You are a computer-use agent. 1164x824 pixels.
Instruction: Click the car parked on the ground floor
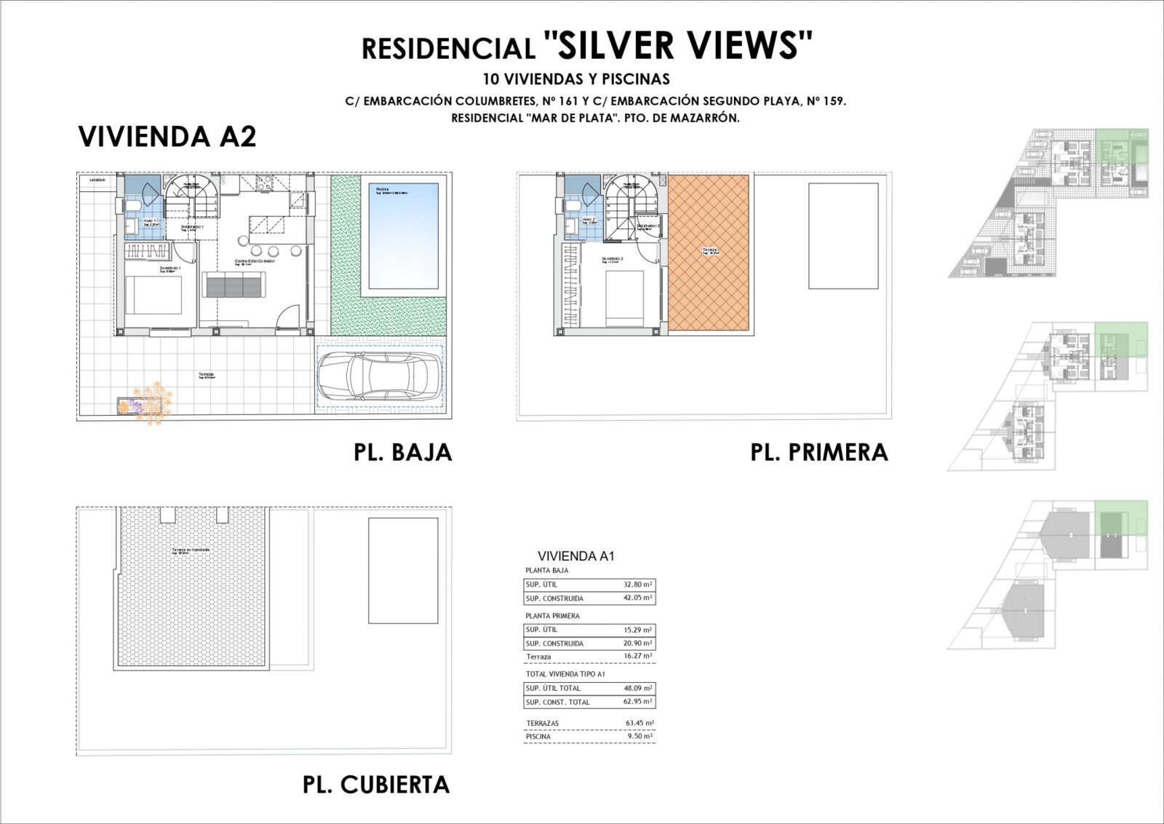click(379, 376)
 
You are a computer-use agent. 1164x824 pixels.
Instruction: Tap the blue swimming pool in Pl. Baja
click(403, 235)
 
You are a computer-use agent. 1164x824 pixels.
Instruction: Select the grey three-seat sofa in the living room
click(234, 285)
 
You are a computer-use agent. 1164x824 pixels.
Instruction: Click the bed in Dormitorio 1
click(154, 295)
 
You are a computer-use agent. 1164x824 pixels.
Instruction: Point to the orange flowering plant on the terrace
click(153, 403)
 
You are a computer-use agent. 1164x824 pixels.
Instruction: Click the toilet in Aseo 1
click(132, 207)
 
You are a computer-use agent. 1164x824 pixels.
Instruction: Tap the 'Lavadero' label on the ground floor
click(97, 179)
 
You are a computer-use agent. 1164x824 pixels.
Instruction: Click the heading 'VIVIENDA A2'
click(167, 137)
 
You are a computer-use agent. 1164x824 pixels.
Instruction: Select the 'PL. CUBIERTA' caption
click(376, 785)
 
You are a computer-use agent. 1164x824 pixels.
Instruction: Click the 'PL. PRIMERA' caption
click(819, 452)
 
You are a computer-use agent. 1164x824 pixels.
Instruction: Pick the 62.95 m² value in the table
click(638, 702)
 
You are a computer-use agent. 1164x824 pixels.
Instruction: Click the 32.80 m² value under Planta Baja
click(638, 584)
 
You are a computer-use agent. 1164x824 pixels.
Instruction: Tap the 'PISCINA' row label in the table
click(538, 737)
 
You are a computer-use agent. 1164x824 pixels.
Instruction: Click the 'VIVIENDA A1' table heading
click(576, 556)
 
